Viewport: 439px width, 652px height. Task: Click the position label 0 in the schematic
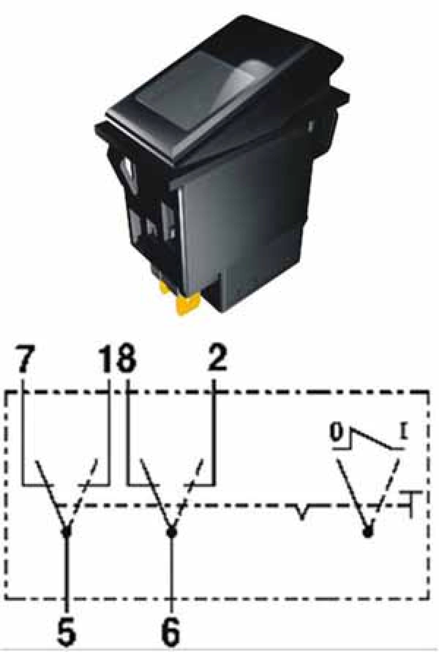point(336,432)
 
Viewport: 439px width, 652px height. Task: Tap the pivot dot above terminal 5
point(67,532)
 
